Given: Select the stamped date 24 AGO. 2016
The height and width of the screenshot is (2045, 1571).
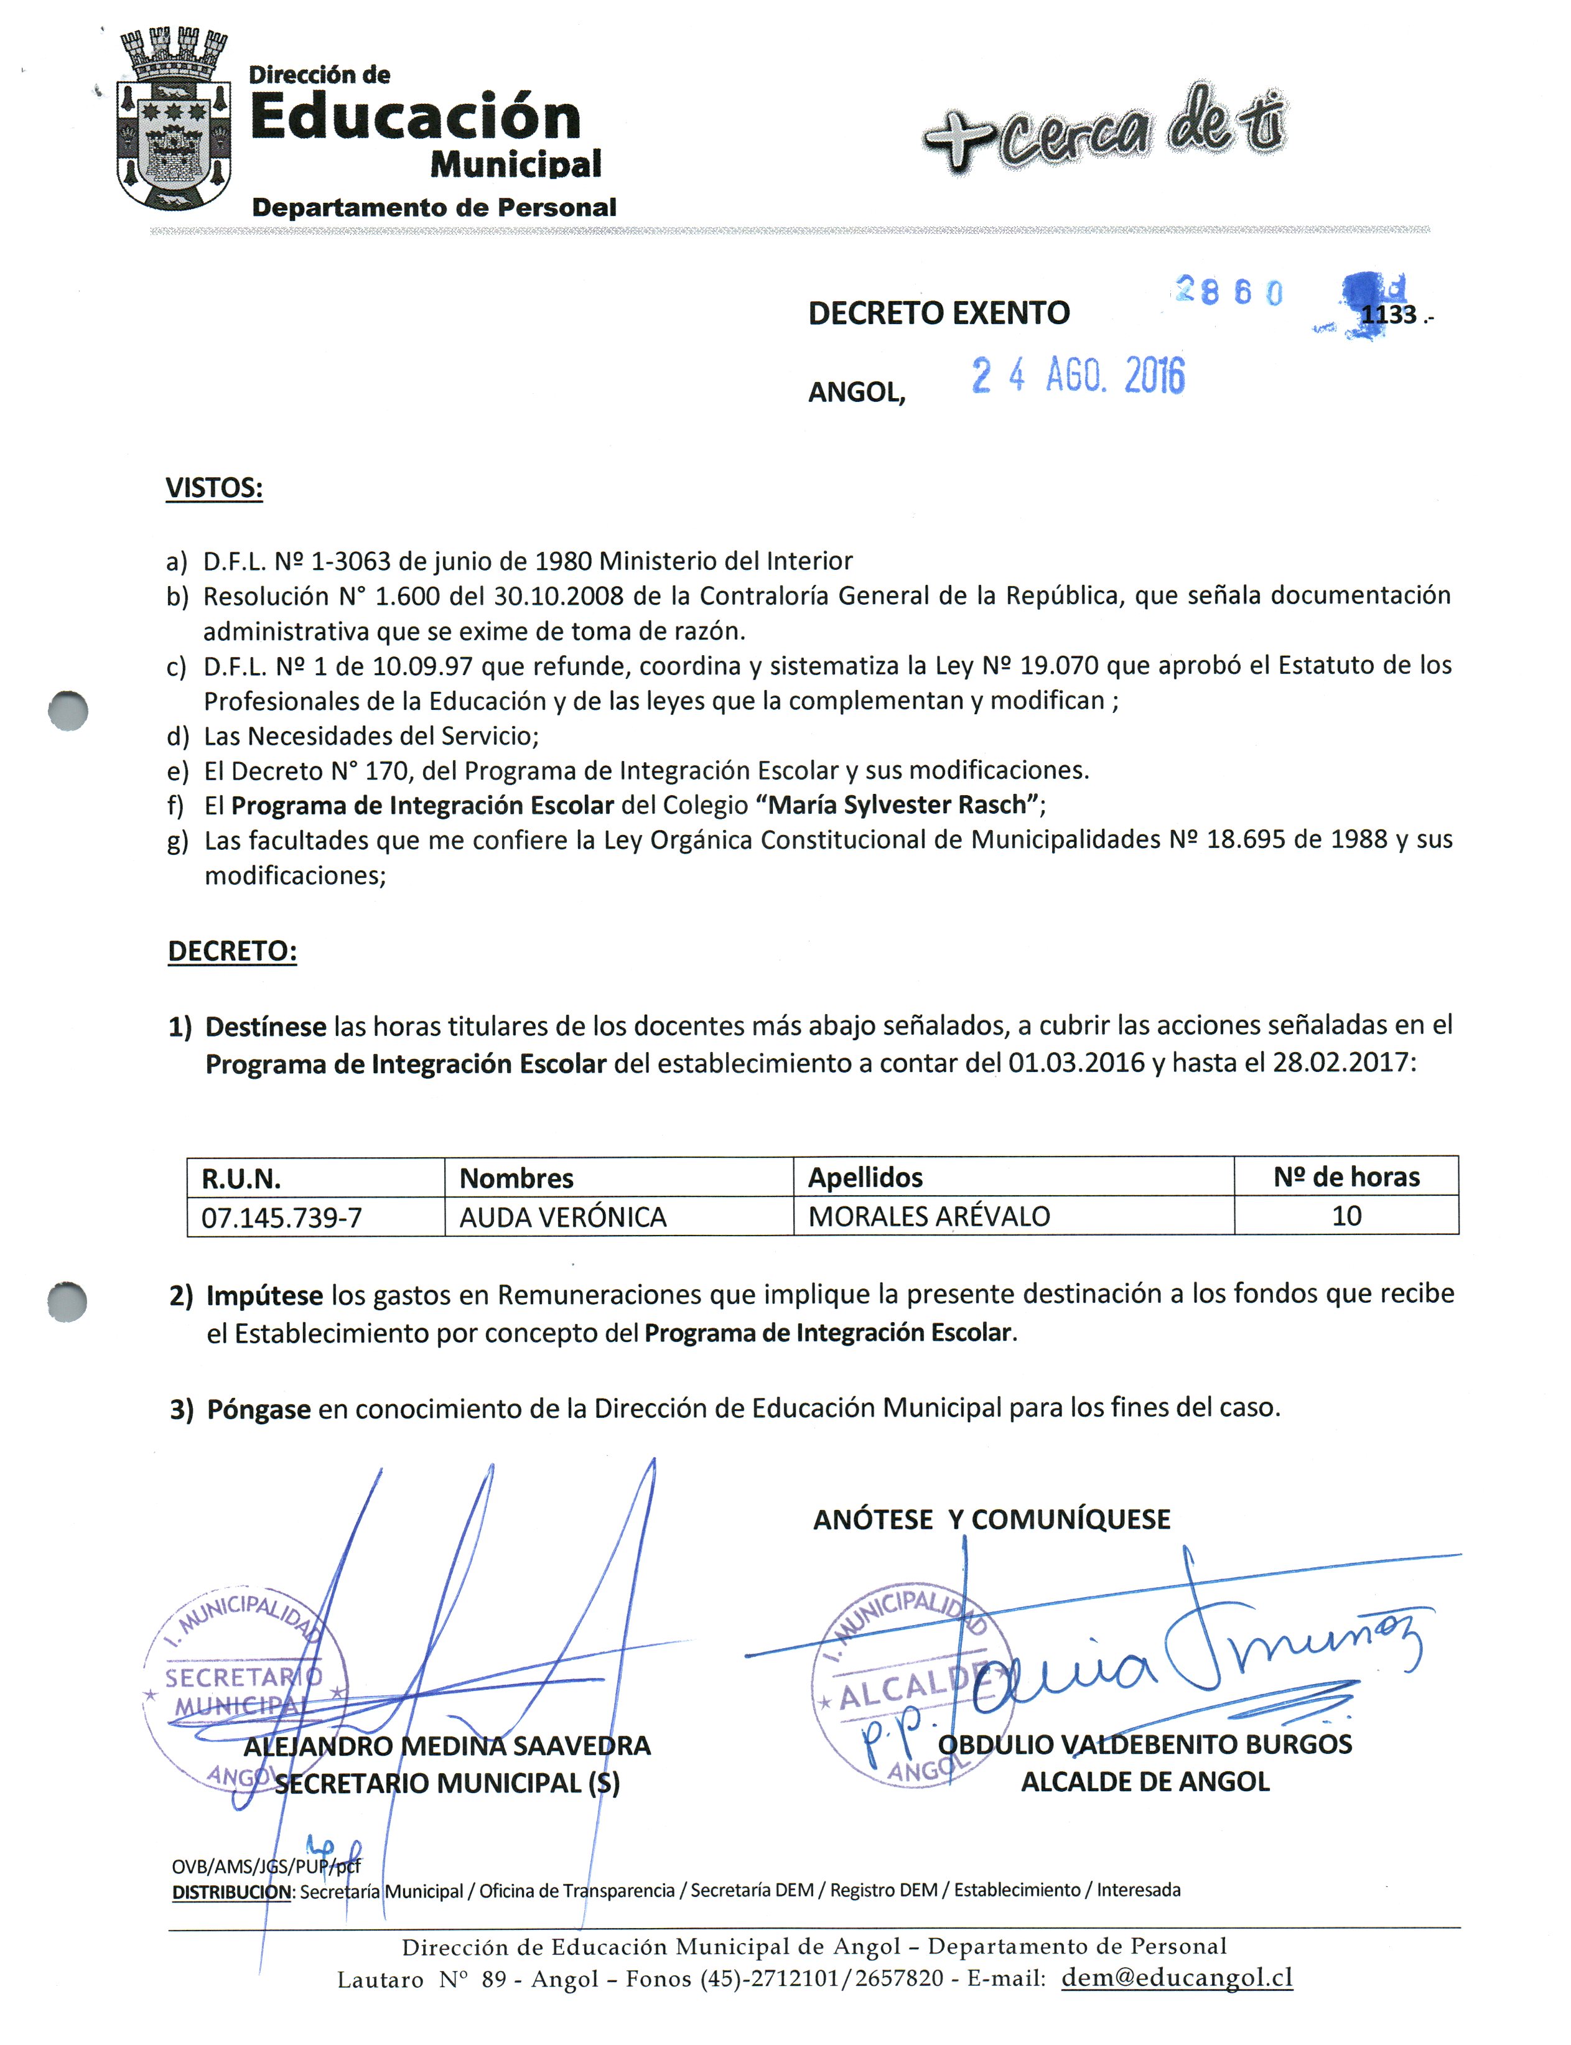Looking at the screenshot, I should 1077,376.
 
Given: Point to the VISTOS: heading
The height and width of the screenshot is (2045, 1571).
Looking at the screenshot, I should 214,488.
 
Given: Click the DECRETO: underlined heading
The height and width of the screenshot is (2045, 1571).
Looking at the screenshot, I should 232,951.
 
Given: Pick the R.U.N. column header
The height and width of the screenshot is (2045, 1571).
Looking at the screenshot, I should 241,1178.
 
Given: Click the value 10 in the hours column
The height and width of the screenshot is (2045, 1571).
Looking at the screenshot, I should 1346,1216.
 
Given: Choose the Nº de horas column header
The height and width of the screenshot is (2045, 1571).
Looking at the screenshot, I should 1346,1176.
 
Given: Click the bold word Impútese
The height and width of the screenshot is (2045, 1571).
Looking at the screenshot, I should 264,1295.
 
